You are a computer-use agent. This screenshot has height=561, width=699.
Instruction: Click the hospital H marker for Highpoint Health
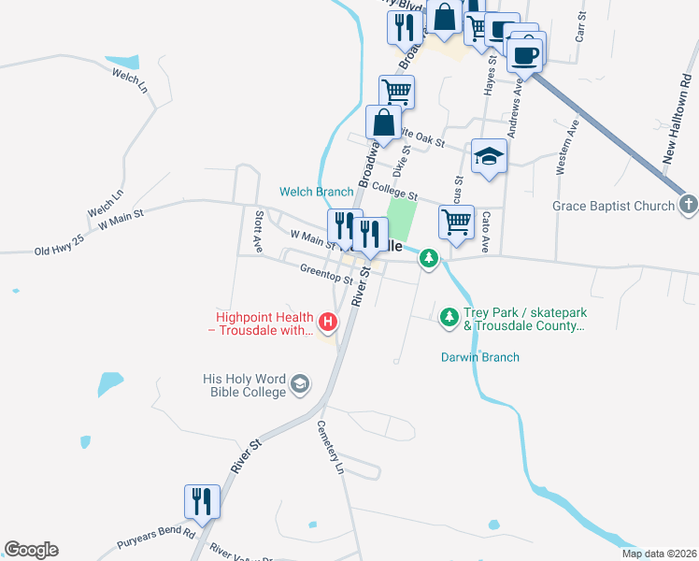(x=328, y=323)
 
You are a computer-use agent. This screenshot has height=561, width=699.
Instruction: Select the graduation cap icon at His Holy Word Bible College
(x=300, y=383)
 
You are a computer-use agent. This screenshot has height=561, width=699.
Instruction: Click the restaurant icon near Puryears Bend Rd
(x=202, y=502)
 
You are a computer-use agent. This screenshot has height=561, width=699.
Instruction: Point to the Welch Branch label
(x=317, y=192)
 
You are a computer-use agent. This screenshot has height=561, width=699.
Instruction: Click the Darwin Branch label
(x=479, y=357)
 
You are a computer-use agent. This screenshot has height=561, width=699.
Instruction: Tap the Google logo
(x=31, y=550)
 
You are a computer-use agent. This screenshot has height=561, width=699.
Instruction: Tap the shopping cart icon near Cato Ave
(x=456, y=223)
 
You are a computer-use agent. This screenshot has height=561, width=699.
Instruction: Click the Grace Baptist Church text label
(x=613, y=206)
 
